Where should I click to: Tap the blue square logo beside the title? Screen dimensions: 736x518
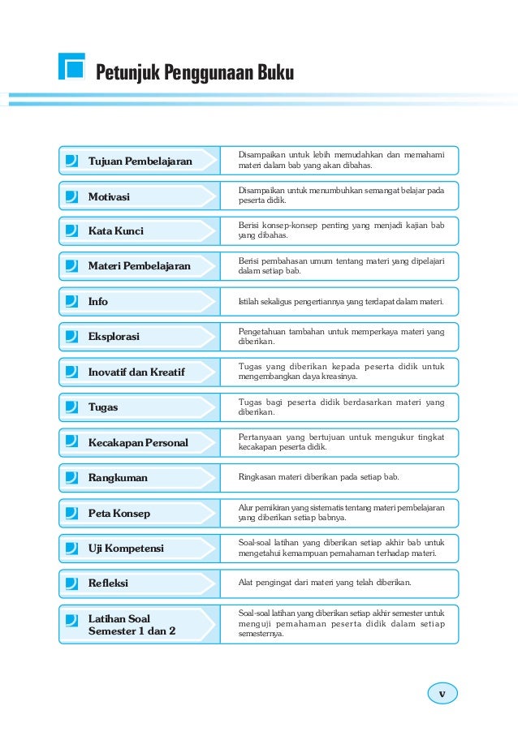[x=72, y=67]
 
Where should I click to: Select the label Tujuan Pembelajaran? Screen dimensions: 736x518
[x=140, y=161]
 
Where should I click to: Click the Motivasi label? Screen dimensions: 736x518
[x=109, y=196]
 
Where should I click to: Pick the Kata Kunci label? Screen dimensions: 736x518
[x=115, y=231]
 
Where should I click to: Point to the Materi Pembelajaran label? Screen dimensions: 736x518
[x=139, y=266]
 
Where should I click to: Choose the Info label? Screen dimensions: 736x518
[x=97, y=301]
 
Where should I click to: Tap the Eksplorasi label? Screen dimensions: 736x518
[x=114, y=336]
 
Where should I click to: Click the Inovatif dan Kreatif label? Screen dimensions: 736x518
[x=136, y=372]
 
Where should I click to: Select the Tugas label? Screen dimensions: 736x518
[x=103, y=407]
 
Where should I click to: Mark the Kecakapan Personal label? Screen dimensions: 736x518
[x=138, y=442]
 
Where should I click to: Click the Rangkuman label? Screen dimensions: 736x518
[x=118, y=477]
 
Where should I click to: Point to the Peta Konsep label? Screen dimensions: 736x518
[x=119, y=513]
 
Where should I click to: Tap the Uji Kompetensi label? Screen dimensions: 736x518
[x=126, y=548]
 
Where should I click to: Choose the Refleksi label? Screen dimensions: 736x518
[x=108, y=583]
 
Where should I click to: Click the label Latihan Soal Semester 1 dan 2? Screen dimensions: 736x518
[x=132, y=624]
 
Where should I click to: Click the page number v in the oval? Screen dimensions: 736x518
[x=442, y=694]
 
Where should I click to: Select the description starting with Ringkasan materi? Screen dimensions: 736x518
[x=317, y=477]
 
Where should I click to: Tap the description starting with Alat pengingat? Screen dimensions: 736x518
[x=324, y=583]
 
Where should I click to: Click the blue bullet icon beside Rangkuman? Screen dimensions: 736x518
[x=72, y=477]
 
